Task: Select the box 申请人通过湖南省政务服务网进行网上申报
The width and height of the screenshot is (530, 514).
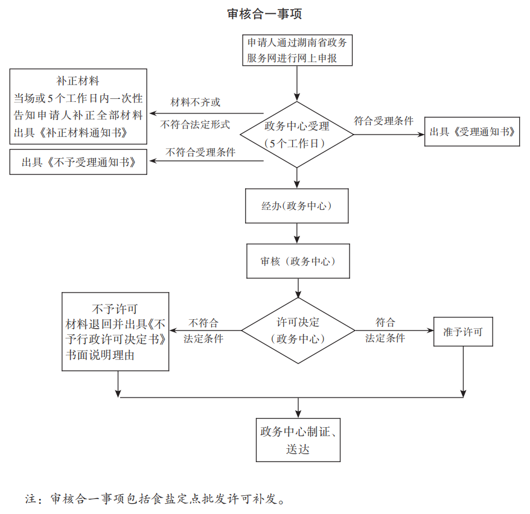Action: click(x=297, y=51)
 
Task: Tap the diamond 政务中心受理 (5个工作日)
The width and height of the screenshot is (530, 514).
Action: click(x=297, y=135)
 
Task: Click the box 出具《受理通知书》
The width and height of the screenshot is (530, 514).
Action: click(x=472, y=132)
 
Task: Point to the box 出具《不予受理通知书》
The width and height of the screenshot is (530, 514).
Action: click(x=78, y=162)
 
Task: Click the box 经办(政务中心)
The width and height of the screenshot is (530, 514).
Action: click(x=297, y=206)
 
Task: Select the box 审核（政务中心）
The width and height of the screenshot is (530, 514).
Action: click(x=298, y=261)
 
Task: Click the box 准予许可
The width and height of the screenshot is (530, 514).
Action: click(x=463, y=331)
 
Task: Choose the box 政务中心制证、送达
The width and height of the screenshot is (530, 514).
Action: click(x=298, y=440)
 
